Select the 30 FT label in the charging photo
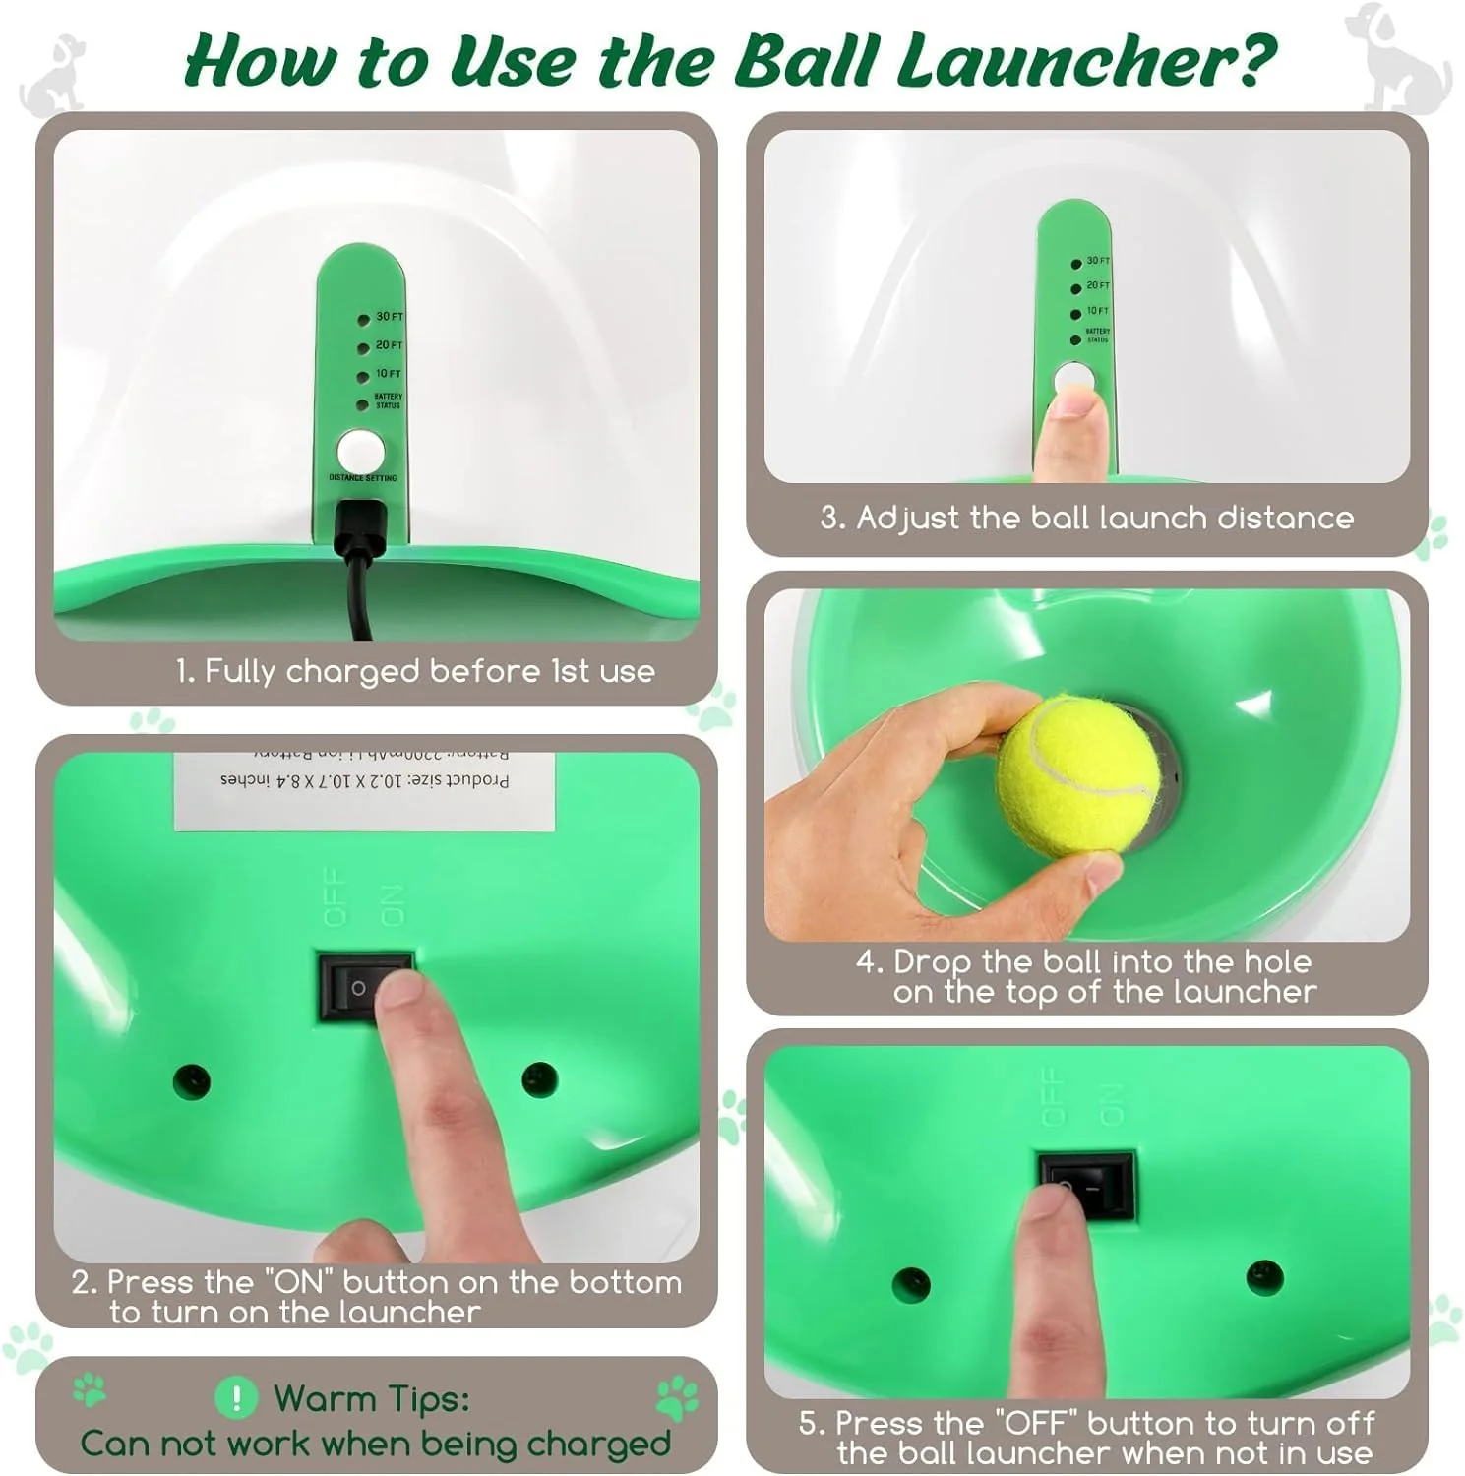coord(390,317)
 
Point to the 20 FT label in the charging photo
coord(390,345)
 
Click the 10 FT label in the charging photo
coord(389,374)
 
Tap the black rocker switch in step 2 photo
coord(364,987)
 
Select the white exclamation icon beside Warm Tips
coord(236,1397)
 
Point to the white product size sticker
coord(364,789)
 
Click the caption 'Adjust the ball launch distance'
coord(1087,518)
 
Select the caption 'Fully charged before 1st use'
coord(415,671)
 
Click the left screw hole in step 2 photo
coord(191,1081)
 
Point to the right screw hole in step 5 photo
coord(1263,1277)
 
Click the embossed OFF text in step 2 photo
coord(336,896)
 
